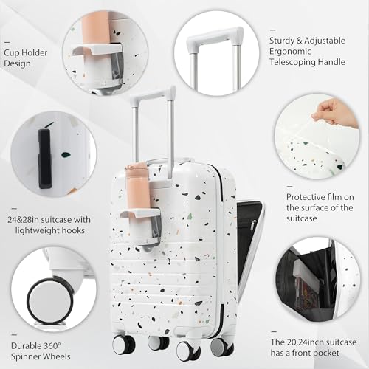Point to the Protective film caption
coord(320,207)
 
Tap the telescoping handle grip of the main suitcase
coord(153,94)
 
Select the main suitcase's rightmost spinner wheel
coord(218,345)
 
